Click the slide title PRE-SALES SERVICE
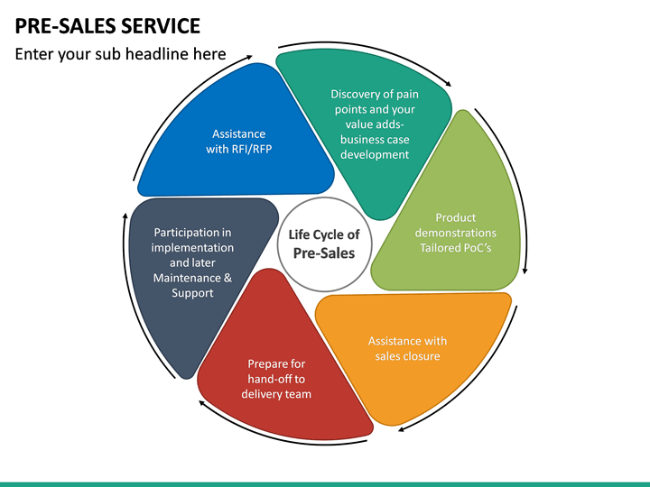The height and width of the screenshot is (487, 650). [107, 25]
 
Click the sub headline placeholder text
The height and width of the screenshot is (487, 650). [120, 55]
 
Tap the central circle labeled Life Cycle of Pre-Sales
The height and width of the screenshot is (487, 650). [323, 243]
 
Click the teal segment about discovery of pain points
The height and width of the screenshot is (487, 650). [375, 126]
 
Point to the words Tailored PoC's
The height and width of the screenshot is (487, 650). [455, 248]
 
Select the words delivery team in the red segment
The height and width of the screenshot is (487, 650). [276, 394]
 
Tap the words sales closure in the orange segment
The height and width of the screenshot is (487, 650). [407, 356]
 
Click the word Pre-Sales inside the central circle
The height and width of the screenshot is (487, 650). [324, 253]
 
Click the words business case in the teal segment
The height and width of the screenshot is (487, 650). [375, 140]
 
